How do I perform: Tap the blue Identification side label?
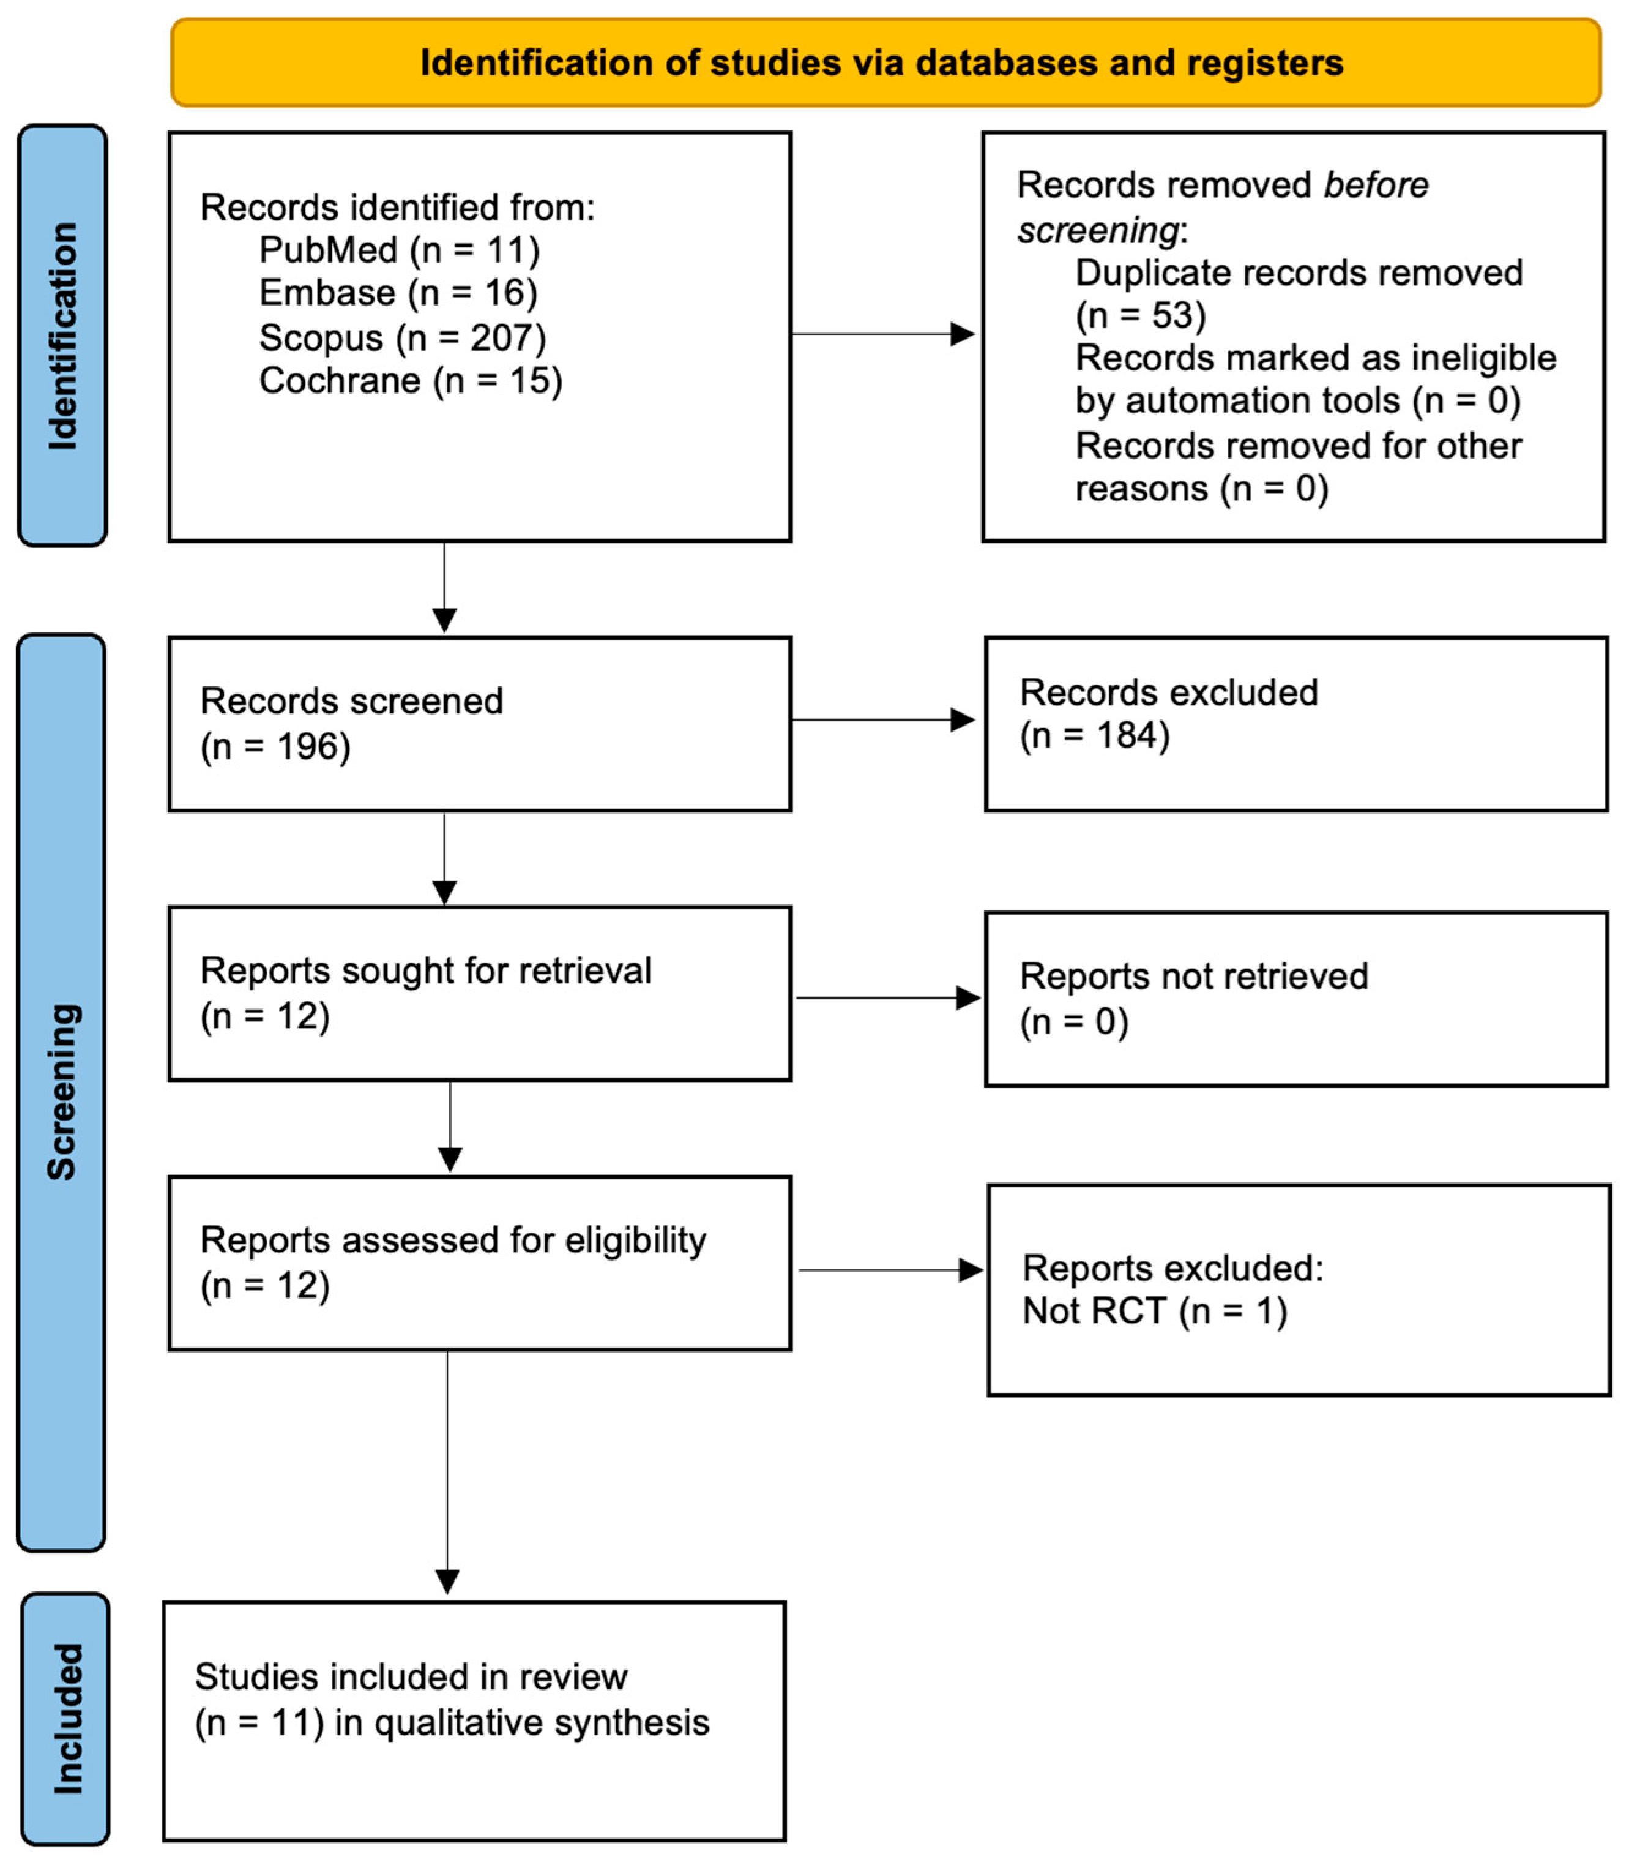(62, 336)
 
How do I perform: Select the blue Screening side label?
(62, 1091)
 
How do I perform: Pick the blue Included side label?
(66, 1719)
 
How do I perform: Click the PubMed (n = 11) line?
(399, 250)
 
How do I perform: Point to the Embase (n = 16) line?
(398, 293)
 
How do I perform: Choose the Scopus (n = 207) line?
(403, 337)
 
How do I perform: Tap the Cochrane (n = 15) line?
(411, 380)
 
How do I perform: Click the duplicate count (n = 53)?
(1141, 315)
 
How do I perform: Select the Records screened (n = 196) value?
(275, 746)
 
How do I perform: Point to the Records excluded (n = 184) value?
(1095, 735)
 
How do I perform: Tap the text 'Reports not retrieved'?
(1193, 976)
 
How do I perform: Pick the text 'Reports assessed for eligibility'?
(453, 1240)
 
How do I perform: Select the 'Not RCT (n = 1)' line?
(1155, 1312)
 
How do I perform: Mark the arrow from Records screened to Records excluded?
(882, 720)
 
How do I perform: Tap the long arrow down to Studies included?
(447, 1473)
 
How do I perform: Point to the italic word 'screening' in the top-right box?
(1098, 230)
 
